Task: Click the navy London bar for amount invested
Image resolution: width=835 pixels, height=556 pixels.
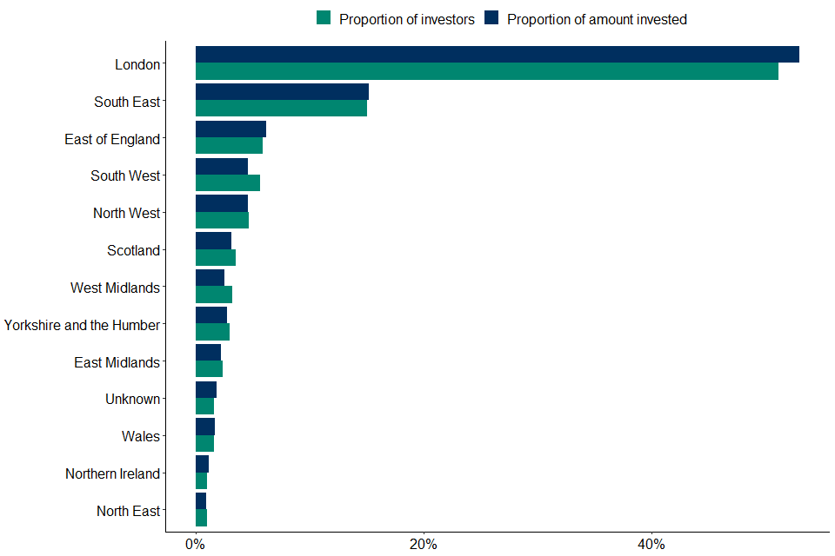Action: pyautogui.click(x=497, y=55)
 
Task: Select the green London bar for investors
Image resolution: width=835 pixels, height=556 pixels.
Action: pyautogui.click(x=486, y=71)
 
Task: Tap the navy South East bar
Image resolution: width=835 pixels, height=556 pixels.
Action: pyautogui.click(x=282, y=92)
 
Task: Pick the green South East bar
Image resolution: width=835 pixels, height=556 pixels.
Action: pyautogui.click(x=281, y=109)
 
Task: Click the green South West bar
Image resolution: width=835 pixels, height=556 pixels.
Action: pyautogui.click(x=228, y=182)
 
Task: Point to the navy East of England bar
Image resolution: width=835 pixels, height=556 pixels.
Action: pyautogui.click(x=230, y=129)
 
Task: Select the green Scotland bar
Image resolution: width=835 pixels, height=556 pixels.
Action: pyautogui.click(x=216, y=257)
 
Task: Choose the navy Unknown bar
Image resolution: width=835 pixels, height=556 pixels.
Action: pyautogui.click(x=206, y=390)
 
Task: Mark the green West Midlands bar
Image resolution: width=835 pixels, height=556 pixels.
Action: pyautogui.click(x=214, y=295)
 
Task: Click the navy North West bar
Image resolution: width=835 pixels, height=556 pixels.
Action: pyautogui.click(x=222, y=203)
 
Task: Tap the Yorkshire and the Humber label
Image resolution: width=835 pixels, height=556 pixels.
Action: pyautogui.click(x=82, y=325)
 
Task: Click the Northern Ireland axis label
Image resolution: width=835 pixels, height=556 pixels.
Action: pyautogui.click(x=112, y=473)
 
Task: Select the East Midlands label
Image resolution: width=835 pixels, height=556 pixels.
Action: pyautogui.click(x=117, y=362)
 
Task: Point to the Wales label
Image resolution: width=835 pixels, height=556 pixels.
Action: pyautogui.click(x=141, y=436)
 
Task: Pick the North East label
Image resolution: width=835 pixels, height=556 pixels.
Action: pyautogui.click(x=128, y=511)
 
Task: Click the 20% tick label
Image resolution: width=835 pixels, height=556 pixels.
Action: pyautogui.click(x=423, y=545)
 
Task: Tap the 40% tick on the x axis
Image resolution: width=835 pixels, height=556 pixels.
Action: pyautogui.click(x=651, y=545)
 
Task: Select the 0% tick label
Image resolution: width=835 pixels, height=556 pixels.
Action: pyautogui.click(x=196, y=545)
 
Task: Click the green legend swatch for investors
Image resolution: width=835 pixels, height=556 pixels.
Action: pyautogui.click(x=324, y=18)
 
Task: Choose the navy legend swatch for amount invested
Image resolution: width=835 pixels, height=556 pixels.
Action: pyautogui.click(x=492, y=18)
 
